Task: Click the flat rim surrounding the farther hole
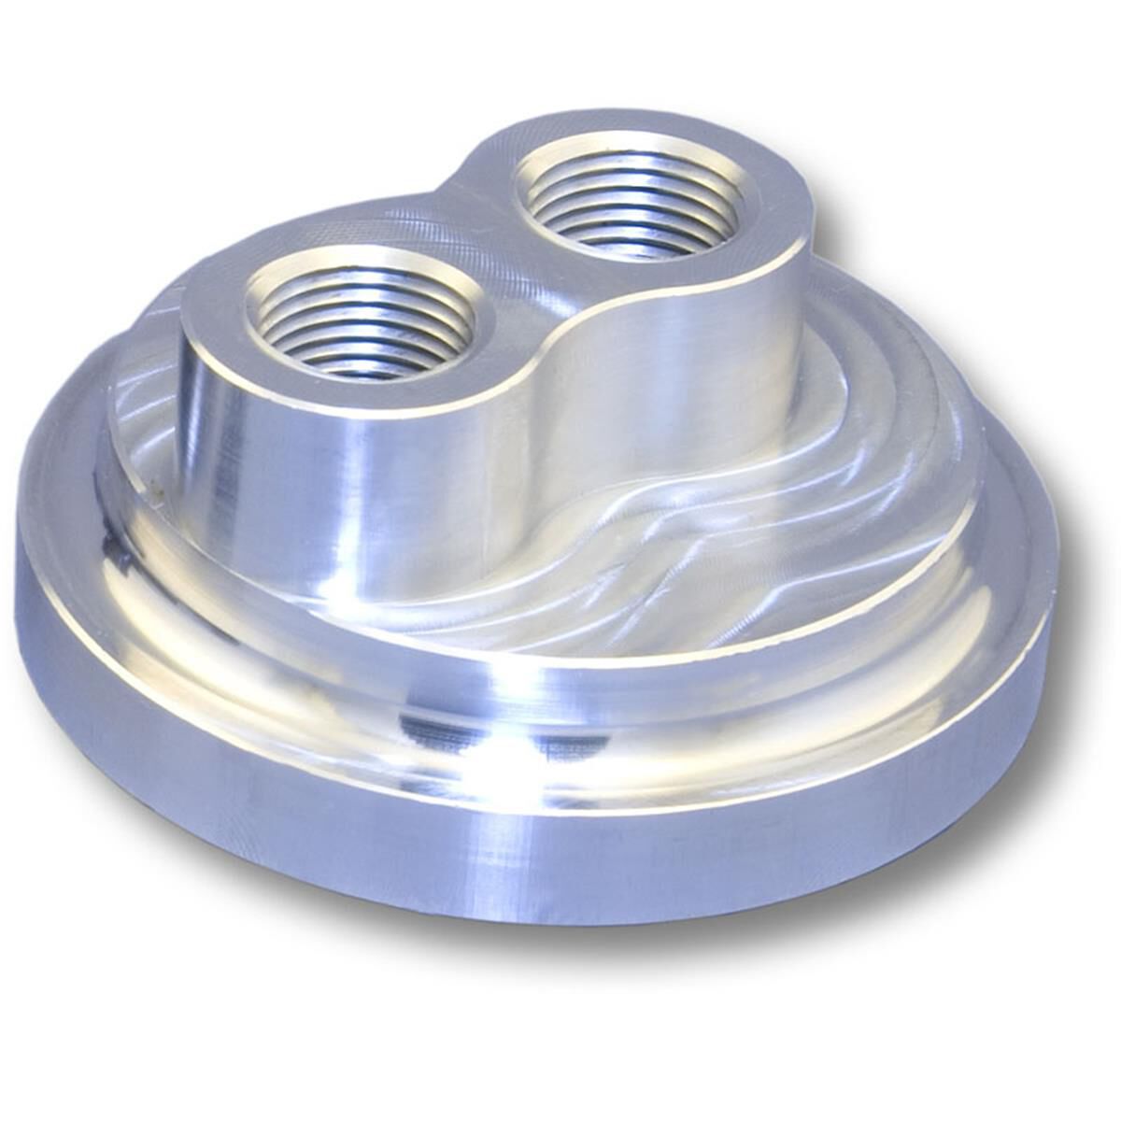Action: point(766,206)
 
